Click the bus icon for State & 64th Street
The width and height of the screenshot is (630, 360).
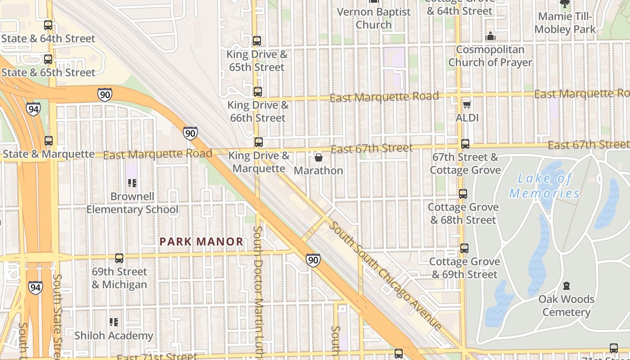click(x=48, y=25)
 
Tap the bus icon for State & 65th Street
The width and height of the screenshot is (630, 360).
click(x=48, y=59)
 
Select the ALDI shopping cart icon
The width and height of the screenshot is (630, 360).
click(x=467, y=104)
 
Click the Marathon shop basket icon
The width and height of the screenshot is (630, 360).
click(x=319, y=157)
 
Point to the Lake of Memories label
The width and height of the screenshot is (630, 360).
click(x=544, y=186)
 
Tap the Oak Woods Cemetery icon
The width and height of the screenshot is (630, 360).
click(x=567, y=286)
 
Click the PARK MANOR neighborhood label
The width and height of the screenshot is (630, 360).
click(x=201, y=242)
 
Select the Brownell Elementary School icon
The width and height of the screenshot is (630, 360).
click(x=132, y=183)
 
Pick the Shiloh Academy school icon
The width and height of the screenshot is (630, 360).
click(x=114, y=322)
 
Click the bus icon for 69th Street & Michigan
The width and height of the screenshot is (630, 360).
click(x=119, y=258)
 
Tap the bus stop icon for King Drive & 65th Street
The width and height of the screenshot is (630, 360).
click(x=257, y=41)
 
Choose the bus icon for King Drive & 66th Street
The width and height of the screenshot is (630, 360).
click(x=258, y=92)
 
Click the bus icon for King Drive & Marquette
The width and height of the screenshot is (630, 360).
click(x=259, y=142)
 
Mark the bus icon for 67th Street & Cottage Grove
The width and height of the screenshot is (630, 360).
click(x=465, y=144)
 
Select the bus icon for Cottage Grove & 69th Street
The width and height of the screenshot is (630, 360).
click(x=464, y=248)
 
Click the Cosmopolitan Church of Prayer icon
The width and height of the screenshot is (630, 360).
click(x=490, y=36)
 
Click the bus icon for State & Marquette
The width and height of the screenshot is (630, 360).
click(x=49, y=141)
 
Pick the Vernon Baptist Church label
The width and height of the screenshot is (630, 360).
click(x=373, y=18)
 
